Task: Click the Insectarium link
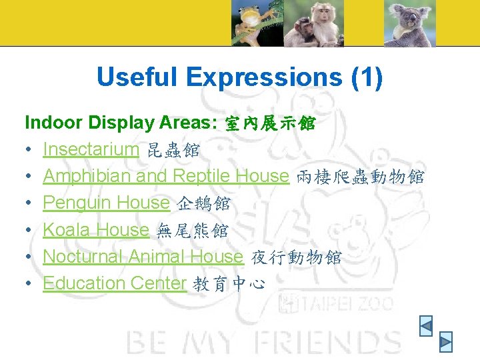pyautogui.click(x=91, y=149)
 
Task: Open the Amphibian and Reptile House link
pyautogui.click(x=165, y=176)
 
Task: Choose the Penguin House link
pyautogui.click(x=107, y=203)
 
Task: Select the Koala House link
pyautogui.click(x=96, y=230)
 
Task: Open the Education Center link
pyautogui.click(x=115, y=283)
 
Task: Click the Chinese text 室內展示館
pyautogui.click(x=271, y=124)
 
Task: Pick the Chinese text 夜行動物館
pyautogui.click(x=296, y=258)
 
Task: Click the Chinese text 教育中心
pyautogui.click(x=229, y=285)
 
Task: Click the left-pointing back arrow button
pyautogui.click(x=426, y=325)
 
